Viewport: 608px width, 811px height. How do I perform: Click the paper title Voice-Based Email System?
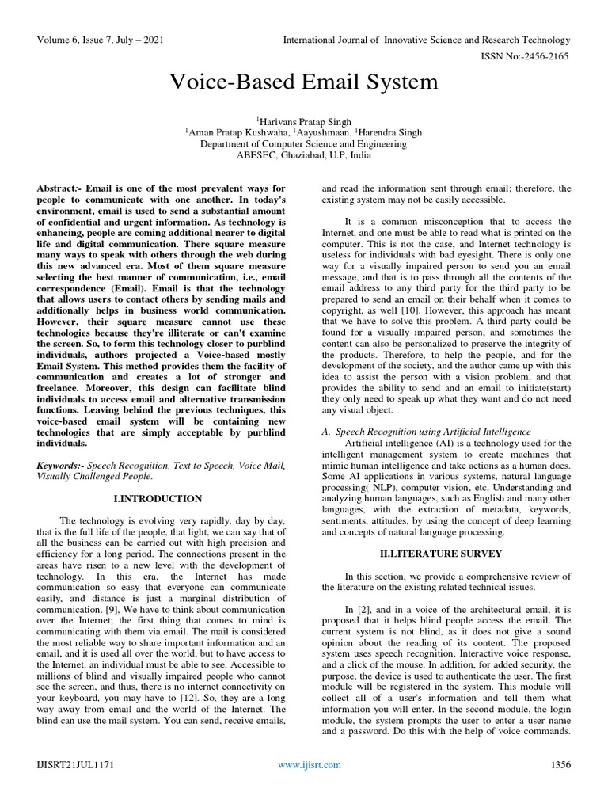(x=304, y=82)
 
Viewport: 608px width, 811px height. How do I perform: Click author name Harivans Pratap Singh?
(x=304, y=121)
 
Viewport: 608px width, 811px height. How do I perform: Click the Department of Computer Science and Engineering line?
(x=304, y=145)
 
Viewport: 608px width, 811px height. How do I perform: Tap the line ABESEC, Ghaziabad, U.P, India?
(x=304, y=156)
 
